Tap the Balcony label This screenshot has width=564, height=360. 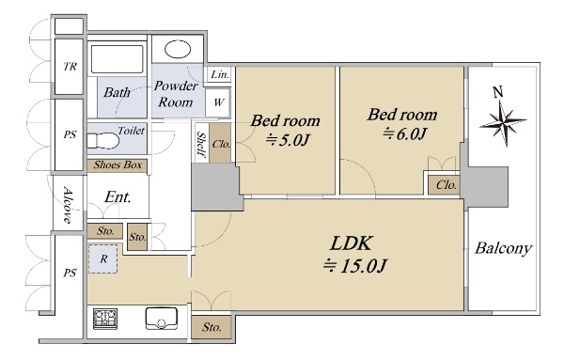pos(503,248)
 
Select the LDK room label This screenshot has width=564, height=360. pos(351,243)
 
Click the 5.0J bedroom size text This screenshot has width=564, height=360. pos(288,140)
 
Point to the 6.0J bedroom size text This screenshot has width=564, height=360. pos(404,133)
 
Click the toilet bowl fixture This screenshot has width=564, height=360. pos(102,141)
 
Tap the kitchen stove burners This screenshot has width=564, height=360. pos(105,319)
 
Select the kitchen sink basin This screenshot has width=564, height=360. pos(162,319)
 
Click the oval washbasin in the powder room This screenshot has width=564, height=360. pos(178,49)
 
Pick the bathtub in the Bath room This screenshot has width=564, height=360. pos(117,59)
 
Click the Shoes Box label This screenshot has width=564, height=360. pos(117,165)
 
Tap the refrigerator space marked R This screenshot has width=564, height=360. pos(103,258)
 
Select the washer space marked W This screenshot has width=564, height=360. pos(218,102)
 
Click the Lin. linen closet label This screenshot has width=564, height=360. pos(219,75)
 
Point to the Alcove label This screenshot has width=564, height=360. pos(68,204)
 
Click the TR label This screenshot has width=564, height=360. pos(70,67)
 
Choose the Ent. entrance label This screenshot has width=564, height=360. pos(117,197)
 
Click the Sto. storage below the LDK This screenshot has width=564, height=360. pos(211,327)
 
